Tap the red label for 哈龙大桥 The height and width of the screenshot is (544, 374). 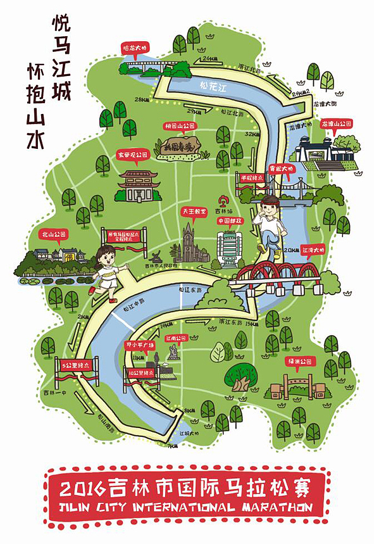[x=135, y=47]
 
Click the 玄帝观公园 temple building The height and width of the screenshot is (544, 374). [x=136, y=186]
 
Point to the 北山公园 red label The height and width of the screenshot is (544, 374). [x=52, y=234]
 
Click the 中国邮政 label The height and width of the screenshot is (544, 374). [x=229, y=221]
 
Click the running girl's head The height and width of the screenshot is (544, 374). [x=105, y=257]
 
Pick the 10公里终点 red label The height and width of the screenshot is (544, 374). [x=140, y=372]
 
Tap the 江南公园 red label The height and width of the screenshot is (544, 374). [x=176, y=339]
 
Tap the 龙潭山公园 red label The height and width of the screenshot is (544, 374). [x=335, y=125]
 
